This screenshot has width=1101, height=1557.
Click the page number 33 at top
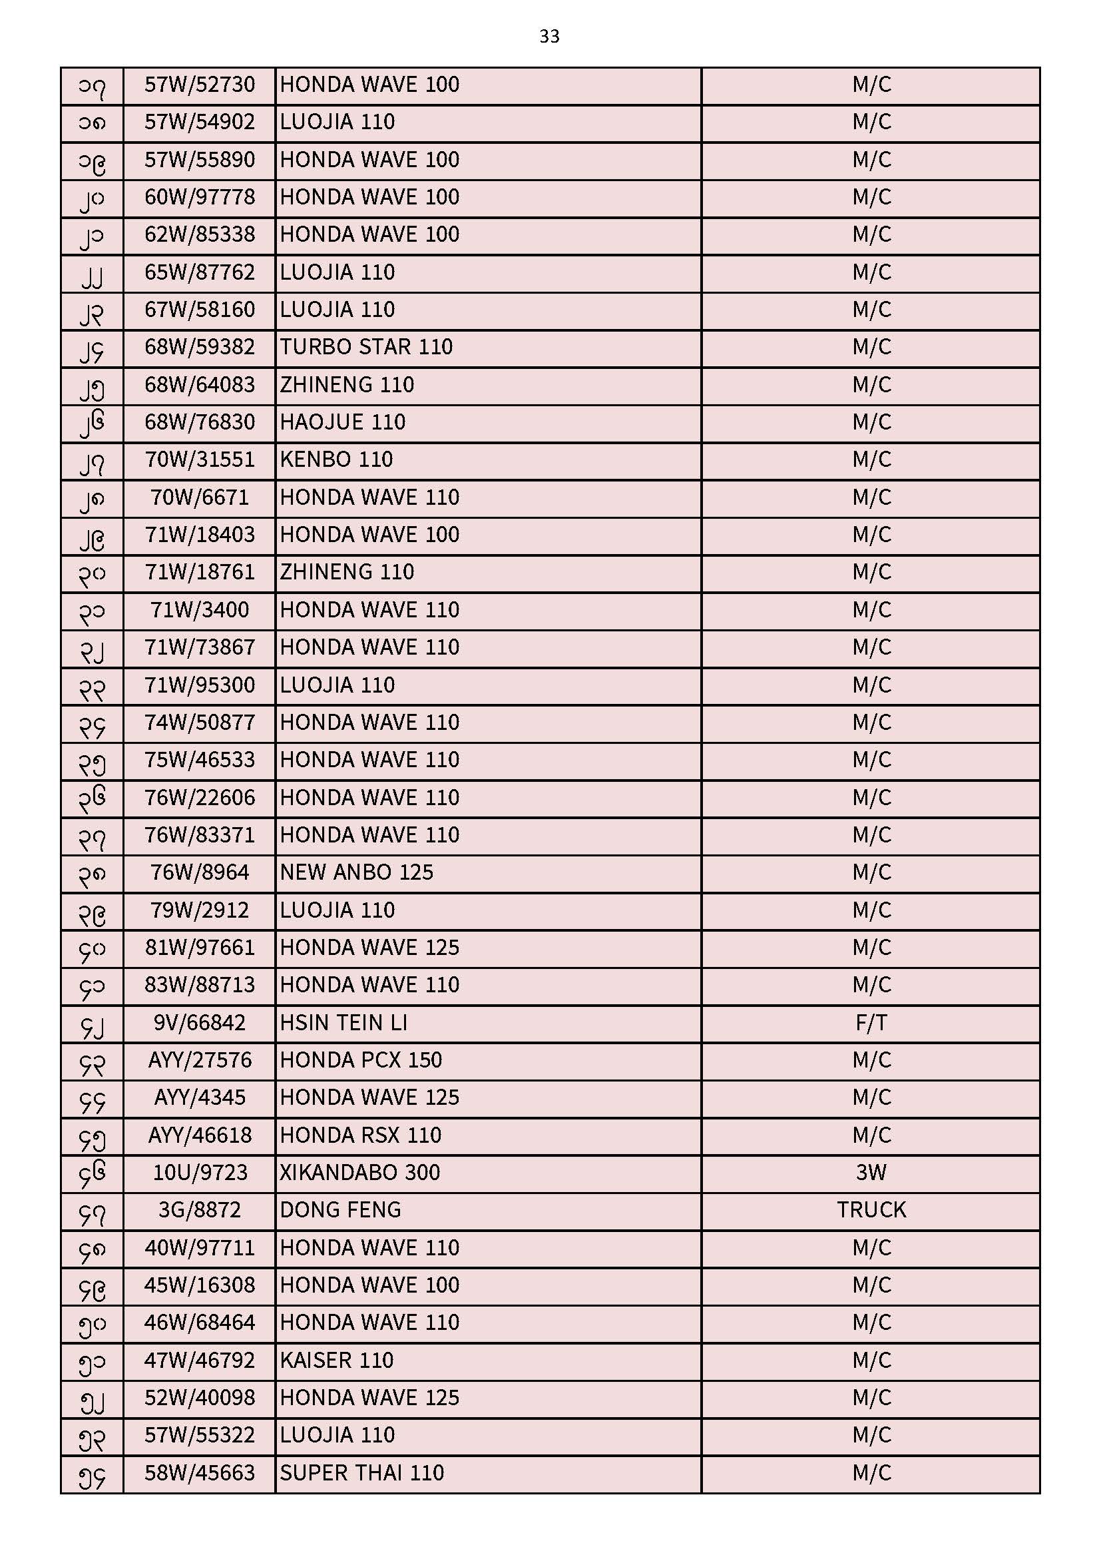coord(549,36)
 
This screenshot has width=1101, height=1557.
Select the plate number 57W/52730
coord(199,85)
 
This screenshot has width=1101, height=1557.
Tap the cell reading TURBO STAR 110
coord(366,347)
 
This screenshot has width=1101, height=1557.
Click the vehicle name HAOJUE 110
coord(342,422)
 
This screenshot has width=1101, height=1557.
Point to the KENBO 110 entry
coord(336,460)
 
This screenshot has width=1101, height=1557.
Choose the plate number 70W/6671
coord(199,497)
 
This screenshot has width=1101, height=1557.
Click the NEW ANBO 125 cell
coord(357,873)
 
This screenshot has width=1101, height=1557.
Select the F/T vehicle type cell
coord(871,1023)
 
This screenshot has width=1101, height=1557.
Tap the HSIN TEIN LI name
coord(343,1023)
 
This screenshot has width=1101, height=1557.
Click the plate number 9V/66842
coord(199,1023)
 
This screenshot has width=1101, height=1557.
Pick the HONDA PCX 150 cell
coord(361,1060)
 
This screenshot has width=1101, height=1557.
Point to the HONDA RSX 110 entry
coord(361,1135)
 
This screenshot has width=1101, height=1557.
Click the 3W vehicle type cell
coord(871,1173)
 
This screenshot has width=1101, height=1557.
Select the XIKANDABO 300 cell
coord(360,1173)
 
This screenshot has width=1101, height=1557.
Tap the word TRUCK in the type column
coord(871,1210)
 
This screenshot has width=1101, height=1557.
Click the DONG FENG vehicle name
coord(340,1210)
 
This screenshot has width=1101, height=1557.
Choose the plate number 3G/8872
coord(199,1210)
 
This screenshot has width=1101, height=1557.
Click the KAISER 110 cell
coord(336,1361)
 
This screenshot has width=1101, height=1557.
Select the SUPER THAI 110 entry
coord(362,1473)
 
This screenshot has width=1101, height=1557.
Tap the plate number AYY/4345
coord(199,1097)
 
